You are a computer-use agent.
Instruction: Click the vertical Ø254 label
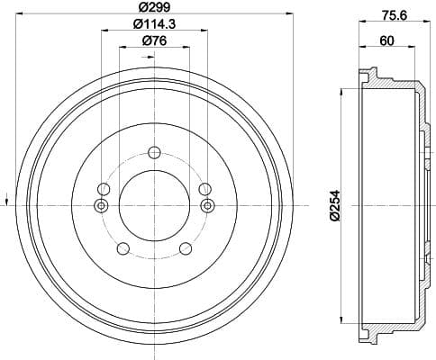click(x=332, y=205)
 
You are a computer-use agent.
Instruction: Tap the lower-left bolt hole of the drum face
click(x=123, y=249)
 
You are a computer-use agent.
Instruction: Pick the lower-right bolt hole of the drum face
click(x=186, y=249)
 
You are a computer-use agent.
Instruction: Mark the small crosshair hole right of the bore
click(x=207, y=206)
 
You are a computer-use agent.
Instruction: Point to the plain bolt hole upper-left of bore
click(x=104, y=189)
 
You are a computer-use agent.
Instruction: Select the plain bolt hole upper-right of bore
click(x=204, y=189)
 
